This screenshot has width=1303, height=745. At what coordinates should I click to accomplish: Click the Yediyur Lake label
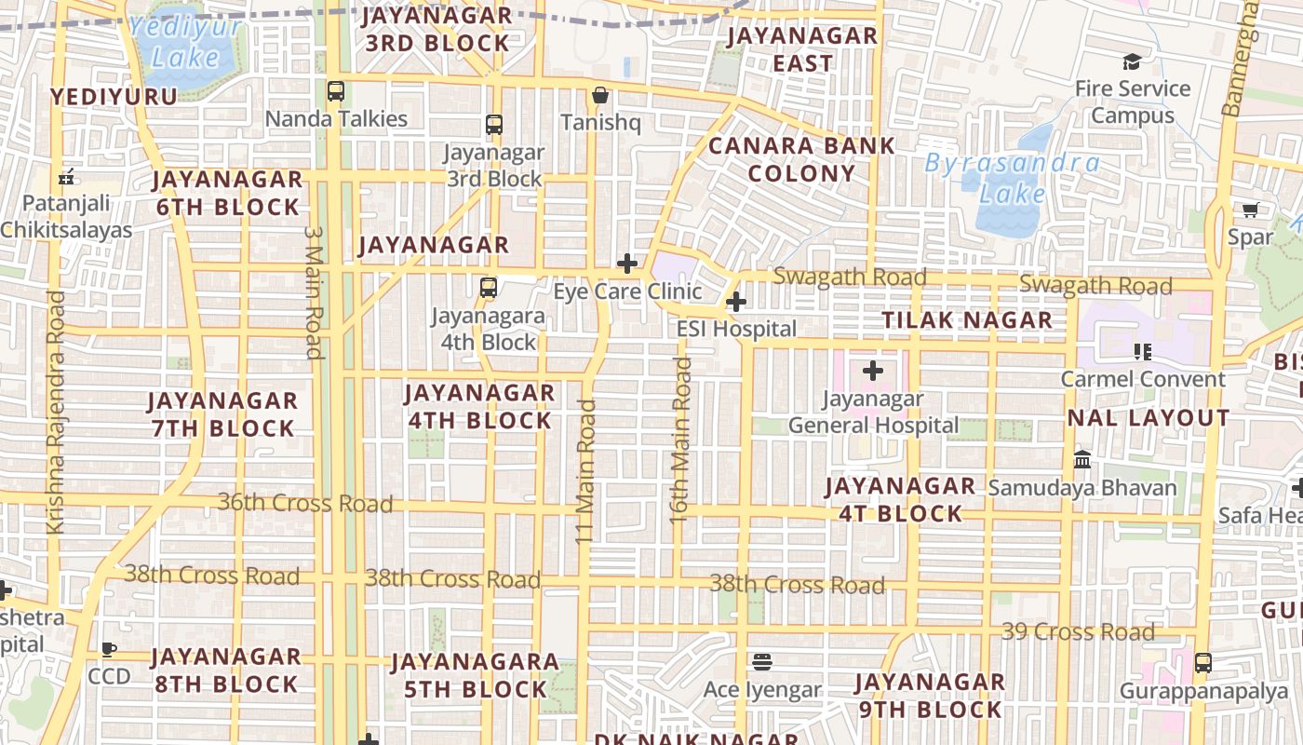[x=186, y=42]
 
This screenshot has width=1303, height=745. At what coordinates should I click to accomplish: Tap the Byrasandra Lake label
[x=1012, y=179]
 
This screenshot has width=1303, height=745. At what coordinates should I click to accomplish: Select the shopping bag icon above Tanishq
[x=600, y=95]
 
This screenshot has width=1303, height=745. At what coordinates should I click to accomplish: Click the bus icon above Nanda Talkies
[x=336, y=91]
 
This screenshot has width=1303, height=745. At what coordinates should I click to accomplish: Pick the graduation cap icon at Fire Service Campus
[x=1132, y=61]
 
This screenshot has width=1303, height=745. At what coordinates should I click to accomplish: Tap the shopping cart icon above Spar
[x=1250, y=210]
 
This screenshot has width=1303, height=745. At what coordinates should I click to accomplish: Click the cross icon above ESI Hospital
[x=736, y=302]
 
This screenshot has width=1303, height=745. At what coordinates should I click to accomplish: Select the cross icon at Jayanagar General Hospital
[x=872, y=371]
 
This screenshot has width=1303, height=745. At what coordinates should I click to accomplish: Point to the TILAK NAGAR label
[x=967, y=320]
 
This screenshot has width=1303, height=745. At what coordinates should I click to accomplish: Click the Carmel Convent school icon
[x=1142, y=351]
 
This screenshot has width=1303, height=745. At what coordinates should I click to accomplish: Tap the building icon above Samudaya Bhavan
[x=1082, y=459]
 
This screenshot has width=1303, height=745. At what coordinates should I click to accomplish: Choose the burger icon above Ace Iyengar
[x=762, y=662]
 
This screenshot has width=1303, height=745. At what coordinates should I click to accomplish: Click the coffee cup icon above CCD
[x=109, y=649]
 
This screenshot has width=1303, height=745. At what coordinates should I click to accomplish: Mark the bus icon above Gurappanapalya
[x=1203, y=663]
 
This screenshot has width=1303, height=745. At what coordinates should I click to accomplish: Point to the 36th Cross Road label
[x=305, y=504]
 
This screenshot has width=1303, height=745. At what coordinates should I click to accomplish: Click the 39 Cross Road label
[x=1078, y=632]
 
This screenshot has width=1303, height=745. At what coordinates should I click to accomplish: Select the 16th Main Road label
[x=681, y=439]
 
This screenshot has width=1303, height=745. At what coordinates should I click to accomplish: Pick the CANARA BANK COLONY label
[x=801, y=159]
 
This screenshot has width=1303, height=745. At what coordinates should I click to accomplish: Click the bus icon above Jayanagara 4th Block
[x=489, y=288]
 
